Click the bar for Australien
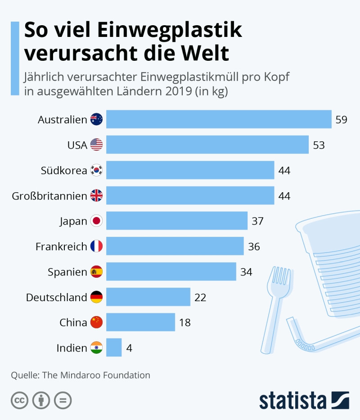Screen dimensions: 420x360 tap(219, 119)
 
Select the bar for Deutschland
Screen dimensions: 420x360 tap(148, 297)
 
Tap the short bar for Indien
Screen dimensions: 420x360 tap(114, 348)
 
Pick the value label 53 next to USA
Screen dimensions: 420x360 tap(319, 145)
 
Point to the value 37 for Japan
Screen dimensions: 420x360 tap(257, 221)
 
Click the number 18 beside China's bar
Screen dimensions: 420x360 tap(185, 322)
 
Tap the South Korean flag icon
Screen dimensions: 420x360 tap(97, 170)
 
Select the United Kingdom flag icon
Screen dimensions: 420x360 tap(97, 195)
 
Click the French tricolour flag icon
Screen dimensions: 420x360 tap(97, 246)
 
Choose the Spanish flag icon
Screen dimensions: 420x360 tap(97, 272)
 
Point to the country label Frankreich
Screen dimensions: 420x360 tap(61, 246)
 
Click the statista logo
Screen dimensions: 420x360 tap(304, 400)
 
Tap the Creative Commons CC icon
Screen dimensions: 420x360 tap(19, 400)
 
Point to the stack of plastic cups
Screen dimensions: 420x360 tap(331, 266)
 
